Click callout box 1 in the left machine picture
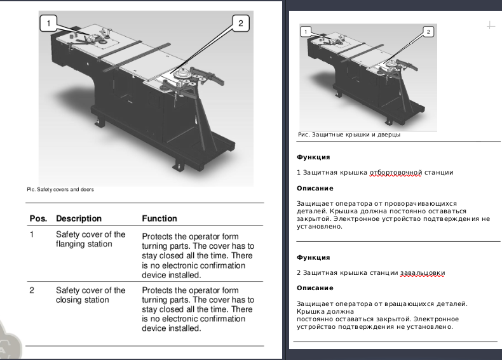pyautogui.click(x=49, y=23)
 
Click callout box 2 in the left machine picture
pyautogui.click(x=241, y=23)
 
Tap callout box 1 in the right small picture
pyautogui.click(x=306, y=32)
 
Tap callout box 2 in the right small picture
pyautogui.click(x=428, y=32)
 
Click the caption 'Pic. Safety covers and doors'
pyautogui.click(x=60, y=189)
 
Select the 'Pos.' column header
pyautogui.click(x=38, y=218)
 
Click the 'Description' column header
pyautogui.click(x=79, y=218)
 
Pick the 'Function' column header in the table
pyautogui.click(x=159, y=218)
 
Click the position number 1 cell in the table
pyautogui.click(x=32, y=234)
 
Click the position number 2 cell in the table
pyautogui.click(x=32, y=290)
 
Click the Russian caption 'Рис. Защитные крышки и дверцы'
pyautogui.click(x=349, y=135)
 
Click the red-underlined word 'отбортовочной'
pyautogui.click(x=396, y=173)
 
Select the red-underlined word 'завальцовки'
pyautogui.click(x=423, y=273)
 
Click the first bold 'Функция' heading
pyautogui.click(x=313, y=157)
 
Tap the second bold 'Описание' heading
pyautogui.click(x=315, y=288)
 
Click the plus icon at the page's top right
pyautogui.click(x=491, y=25)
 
